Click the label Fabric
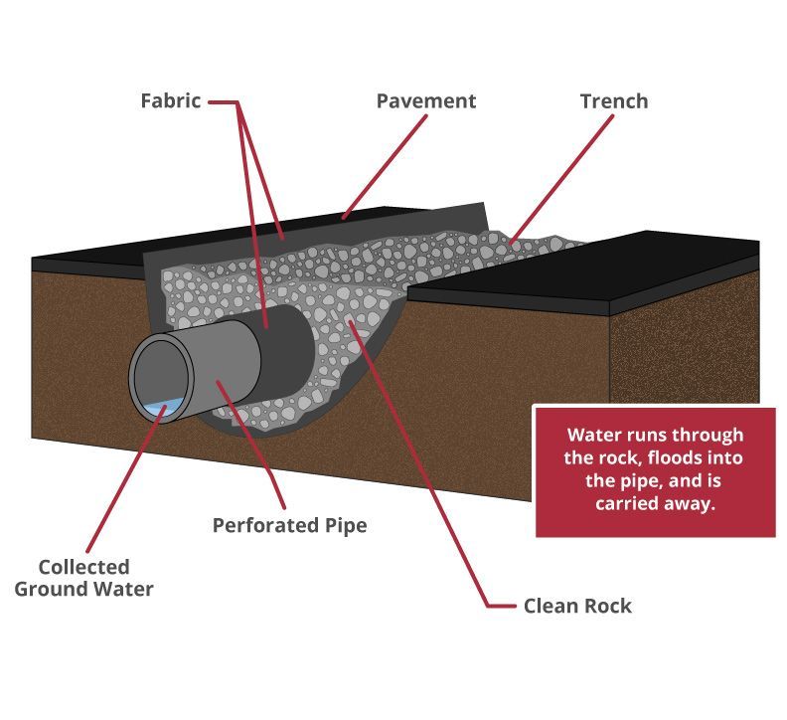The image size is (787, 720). click(169, 101)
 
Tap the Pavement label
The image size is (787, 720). click(425, 101)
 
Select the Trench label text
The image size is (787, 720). click(613, 101)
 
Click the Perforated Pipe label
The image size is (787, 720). click(289, 525)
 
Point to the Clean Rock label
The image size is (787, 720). click(576, 606)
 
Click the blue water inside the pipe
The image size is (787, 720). click(162, 408)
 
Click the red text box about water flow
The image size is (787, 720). click(654, 470)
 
